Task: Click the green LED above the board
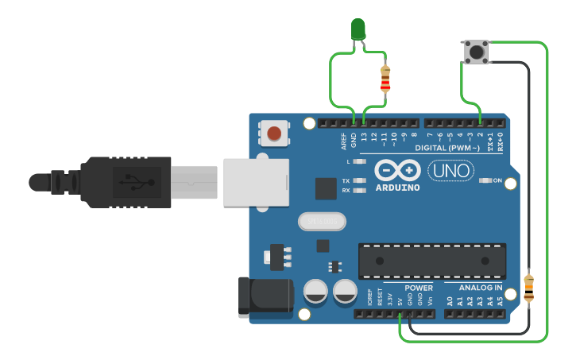click(358, 30)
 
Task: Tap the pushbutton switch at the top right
click(475, 52)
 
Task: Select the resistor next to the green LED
click(385, 79)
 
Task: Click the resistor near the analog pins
click(528, 288)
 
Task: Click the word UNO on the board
click(450, 170)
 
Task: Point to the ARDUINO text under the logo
click(397, 188)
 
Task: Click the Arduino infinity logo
click(396, 171)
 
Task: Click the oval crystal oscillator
click(322, 221)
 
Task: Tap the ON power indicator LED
click(485, 180)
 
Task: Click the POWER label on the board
click(419, 288)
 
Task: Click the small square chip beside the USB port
click(326, 188)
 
